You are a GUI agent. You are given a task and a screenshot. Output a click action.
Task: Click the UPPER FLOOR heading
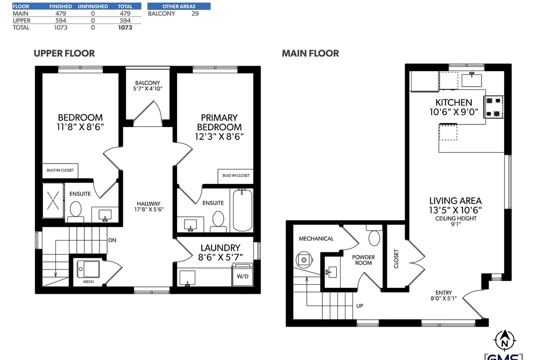(x=65, y=53)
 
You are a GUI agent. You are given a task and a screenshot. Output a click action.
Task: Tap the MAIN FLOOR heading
(x=310, y=53)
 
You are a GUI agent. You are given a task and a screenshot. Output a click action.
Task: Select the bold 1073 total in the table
(x=125, y=27)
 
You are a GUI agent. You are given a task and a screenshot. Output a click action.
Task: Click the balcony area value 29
(x=195, y=13)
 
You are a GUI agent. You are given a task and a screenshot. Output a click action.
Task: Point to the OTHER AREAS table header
(x=179, y=6)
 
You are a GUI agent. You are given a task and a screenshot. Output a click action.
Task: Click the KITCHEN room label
(x=454, y=102)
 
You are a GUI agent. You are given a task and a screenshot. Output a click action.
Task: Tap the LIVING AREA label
(x=455, y=201)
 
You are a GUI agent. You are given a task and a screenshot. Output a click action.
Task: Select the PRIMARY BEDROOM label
(x=220, y=122)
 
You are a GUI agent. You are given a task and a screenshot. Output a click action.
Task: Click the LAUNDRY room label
(x=221, y=248)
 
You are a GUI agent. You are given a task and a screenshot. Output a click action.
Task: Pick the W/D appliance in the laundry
(x=243, y=274)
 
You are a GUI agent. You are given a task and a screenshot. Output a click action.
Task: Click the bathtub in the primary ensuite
(x=242, y=210)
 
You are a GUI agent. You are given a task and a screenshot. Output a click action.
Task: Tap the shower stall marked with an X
(x=53, y=201)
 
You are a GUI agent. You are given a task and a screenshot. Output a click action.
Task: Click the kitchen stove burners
(x=494, y=107)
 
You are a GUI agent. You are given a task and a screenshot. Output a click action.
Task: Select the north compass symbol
(x=505, y=341)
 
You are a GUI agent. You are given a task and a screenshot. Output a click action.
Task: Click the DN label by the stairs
(x=112, y=240)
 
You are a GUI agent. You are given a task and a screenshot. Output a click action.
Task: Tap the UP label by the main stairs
(x=360, y=306)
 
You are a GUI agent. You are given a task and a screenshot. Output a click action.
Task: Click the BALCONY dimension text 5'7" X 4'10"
(x=148, y=89)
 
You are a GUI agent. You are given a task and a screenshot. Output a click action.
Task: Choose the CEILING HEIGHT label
(x=456, y=218)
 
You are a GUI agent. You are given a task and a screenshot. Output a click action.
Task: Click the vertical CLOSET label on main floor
(x=396, y=258)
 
